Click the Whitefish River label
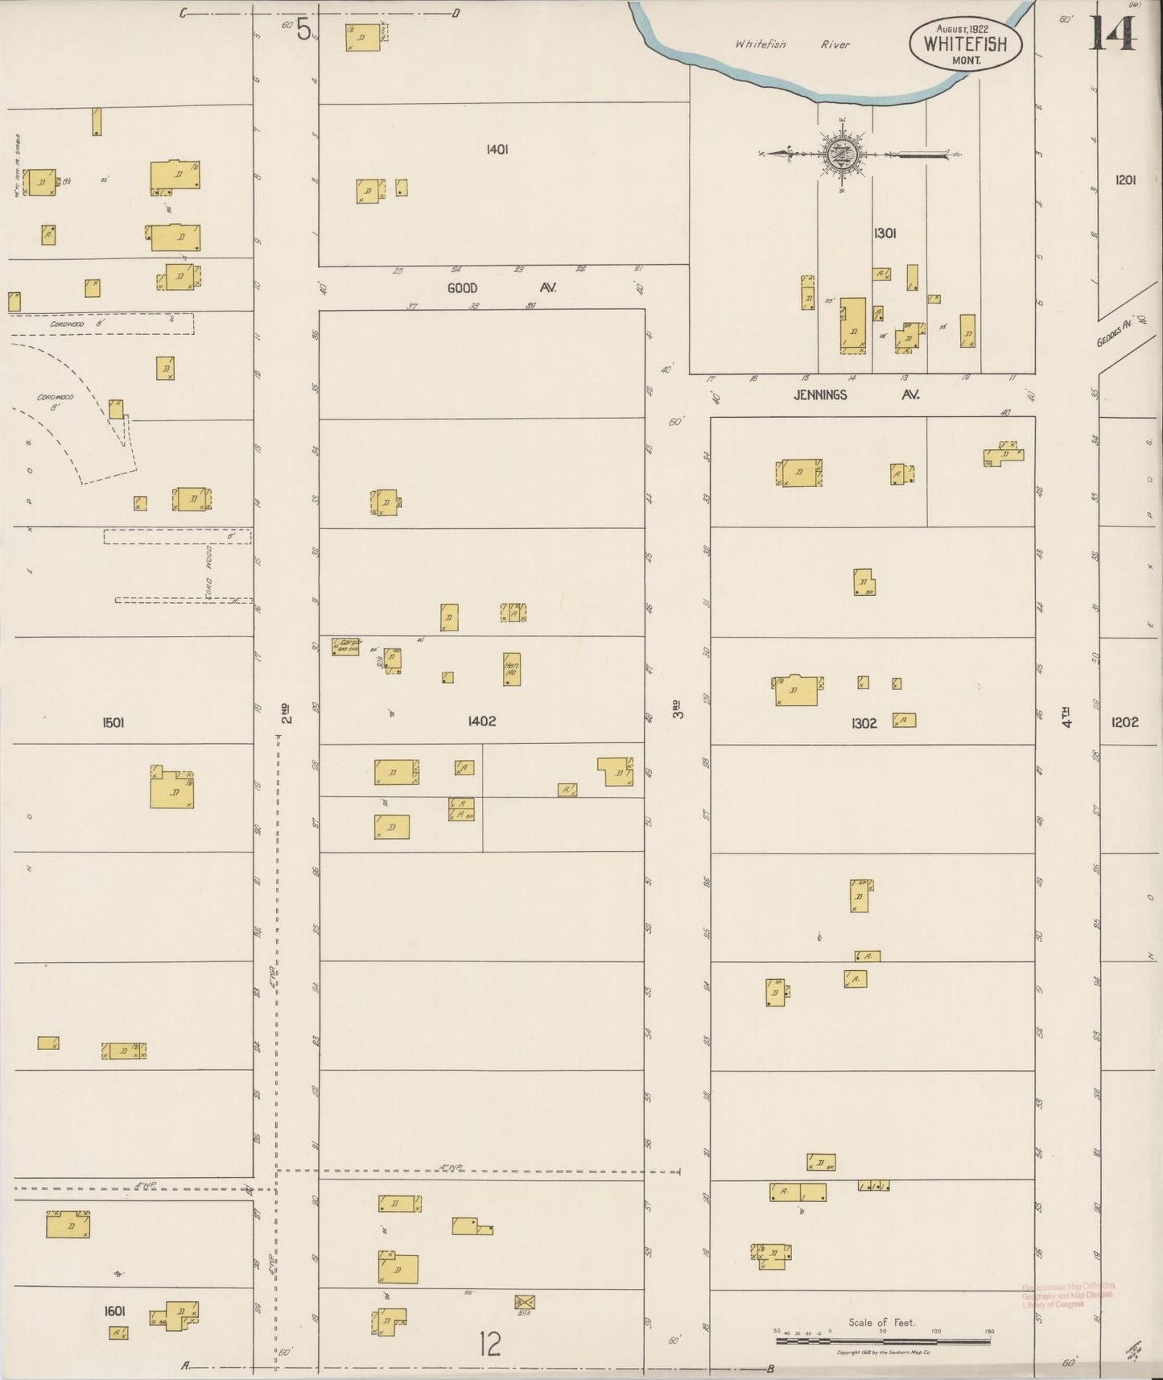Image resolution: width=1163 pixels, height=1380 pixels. [792, 45]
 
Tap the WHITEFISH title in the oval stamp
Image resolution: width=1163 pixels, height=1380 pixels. [965, 43]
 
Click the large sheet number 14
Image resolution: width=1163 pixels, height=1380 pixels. [1113, 33]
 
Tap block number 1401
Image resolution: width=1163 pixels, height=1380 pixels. [497, 149]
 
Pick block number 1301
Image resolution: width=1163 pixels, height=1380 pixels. [885, 233]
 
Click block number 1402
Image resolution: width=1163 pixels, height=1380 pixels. [481, 721]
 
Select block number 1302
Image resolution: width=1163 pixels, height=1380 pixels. [864, 724]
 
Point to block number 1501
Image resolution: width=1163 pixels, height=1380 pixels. [113, 723]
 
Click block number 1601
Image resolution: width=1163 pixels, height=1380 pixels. [114, 1311]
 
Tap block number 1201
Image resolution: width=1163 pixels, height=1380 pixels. [1125, 180]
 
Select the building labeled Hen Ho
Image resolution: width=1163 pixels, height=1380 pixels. [511, 669]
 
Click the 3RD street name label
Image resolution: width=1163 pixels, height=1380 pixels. [678, 709]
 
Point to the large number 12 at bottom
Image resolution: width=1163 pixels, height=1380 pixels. [489, 1344]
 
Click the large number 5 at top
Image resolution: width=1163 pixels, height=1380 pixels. [303, 30]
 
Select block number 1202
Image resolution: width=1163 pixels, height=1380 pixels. [1124, 722]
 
